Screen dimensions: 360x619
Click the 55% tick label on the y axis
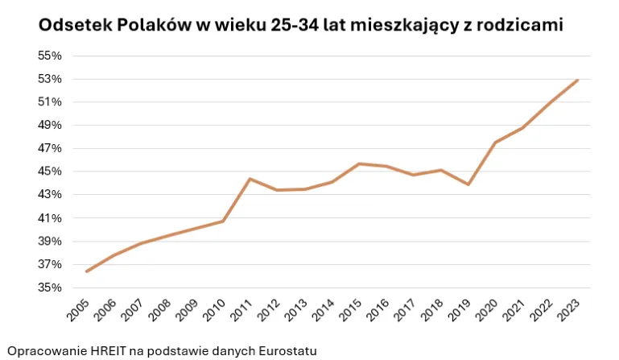(x=50, y=56)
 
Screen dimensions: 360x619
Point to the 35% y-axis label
(x=50, y=288)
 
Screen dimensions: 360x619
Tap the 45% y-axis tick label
(x=50, y=172)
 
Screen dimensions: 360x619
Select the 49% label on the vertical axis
(x=50, y=125)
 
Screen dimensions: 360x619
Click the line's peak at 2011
(x=250, y=179)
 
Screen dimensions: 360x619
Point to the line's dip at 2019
(x=468, y=184)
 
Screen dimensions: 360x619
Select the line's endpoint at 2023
(x=578, y=80)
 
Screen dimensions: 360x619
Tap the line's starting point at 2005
(x=86, y=271)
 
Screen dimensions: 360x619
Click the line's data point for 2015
(x=360, y=163)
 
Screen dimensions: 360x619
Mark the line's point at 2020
(x=496, y=143)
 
